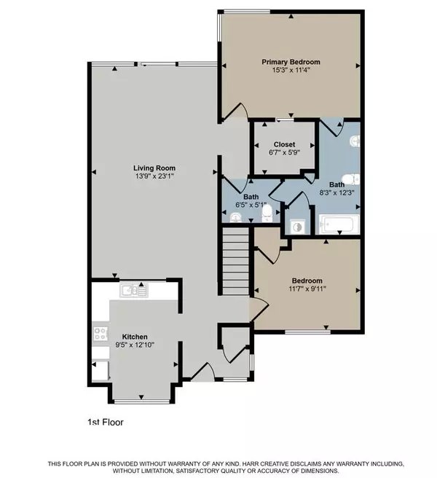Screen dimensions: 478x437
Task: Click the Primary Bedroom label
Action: pos(291,63)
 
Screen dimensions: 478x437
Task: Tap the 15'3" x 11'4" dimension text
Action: pos(291,71)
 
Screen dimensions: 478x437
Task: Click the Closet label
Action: pos(284,144)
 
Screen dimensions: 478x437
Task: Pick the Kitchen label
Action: pos(135,337)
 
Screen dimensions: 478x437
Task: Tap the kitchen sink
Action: pos(132,291)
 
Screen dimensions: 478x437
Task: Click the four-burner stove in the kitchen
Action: pos(100,334)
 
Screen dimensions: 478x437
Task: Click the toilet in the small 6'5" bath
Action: pos(267,212)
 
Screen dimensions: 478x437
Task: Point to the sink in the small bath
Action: pos(235,216)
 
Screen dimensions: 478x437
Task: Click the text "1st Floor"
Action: pos(100,421)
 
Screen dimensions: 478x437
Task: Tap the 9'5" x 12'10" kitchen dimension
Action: pos(135,345)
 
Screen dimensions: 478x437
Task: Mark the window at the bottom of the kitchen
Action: pos(135,401)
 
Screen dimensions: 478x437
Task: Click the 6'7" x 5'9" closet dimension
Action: pos(284,153)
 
